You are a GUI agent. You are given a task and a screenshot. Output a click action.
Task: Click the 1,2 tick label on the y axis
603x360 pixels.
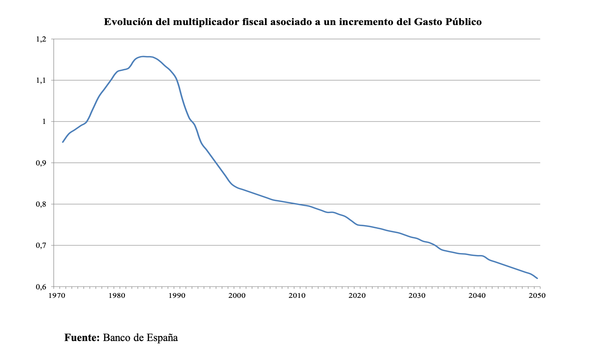[x=41, y=39]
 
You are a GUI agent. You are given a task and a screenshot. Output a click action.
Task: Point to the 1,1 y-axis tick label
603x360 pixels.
[x=41, y=80]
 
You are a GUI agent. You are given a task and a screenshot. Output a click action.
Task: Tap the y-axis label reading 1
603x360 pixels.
[x=45, y=121]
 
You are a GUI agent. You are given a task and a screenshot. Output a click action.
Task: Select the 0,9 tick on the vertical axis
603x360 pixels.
[x=41, y=163]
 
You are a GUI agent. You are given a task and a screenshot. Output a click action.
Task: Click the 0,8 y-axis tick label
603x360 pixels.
[x=41, y=204]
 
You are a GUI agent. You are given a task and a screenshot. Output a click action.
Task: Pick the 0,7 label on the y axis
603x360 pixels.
[x=41, y=245]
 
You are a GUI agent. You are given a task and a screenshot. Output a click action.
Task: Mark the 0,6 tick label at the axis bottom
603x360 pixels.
[x=41, y=287]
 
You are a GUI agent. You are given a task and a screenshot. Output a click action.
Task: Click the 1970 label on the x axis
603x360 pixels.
[x=57, y=296]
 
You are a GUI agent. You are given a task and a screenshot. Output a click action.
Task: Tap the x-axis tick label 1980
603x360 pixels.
[x=117, y=296]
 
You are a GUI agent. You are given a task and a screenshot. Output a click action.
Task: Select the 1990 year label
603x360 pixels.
[x=177, y=296]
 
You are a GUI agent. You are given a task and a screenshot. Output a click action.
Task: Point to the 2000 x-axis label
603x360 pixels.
[x=237, y=296]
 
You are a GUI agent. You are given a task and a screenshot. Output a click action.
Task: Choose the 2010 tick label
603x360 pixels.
[x=297, y=296]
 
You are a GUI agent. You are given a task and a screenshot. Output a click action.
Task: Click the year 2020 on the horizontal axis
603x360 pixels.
[x=357, y=296]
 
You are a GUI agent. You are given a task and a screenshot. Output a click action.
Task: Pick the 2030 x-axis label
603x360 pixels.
[x=417, y=296]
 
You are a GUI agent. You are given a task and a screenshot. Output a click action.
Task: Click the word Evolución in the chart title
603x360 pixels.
[x=128, y=22]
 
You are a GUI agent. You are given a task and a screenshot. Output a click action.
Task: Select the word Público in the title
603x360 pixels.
[x=463, y=22]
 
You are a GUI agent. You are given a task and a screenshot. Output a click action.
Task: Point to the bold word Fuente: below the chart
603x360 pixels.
[x=82, y=337]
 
